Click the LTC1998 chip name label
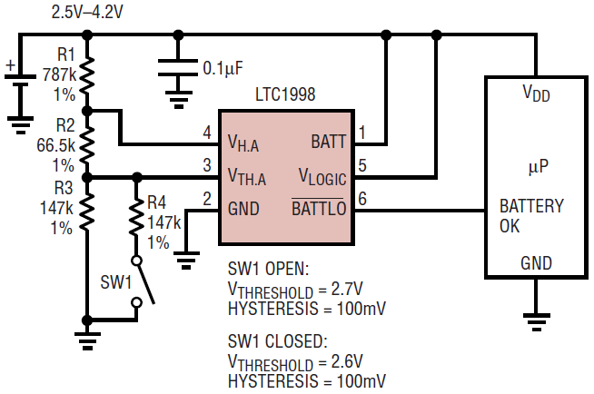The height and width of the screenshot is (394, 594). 286,95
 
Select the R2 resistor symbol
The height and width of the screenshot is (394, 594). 87,143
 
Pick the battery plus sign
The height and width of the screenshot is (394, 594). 11,65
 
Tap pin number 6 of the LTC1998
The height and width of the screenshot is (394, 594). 362,200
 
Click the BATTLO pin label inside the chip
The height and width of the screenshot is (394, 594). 318,209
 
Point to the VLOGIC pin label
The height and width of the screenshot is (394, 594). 322,174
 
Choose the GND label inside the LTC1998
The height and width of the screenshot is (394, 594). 243,209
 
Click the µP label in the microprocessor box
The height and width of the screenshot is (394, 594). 540,168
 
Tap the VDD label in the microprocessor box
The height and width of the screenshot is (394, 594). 536,93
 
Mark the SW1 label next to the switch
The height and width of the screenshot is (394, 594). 115,282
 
